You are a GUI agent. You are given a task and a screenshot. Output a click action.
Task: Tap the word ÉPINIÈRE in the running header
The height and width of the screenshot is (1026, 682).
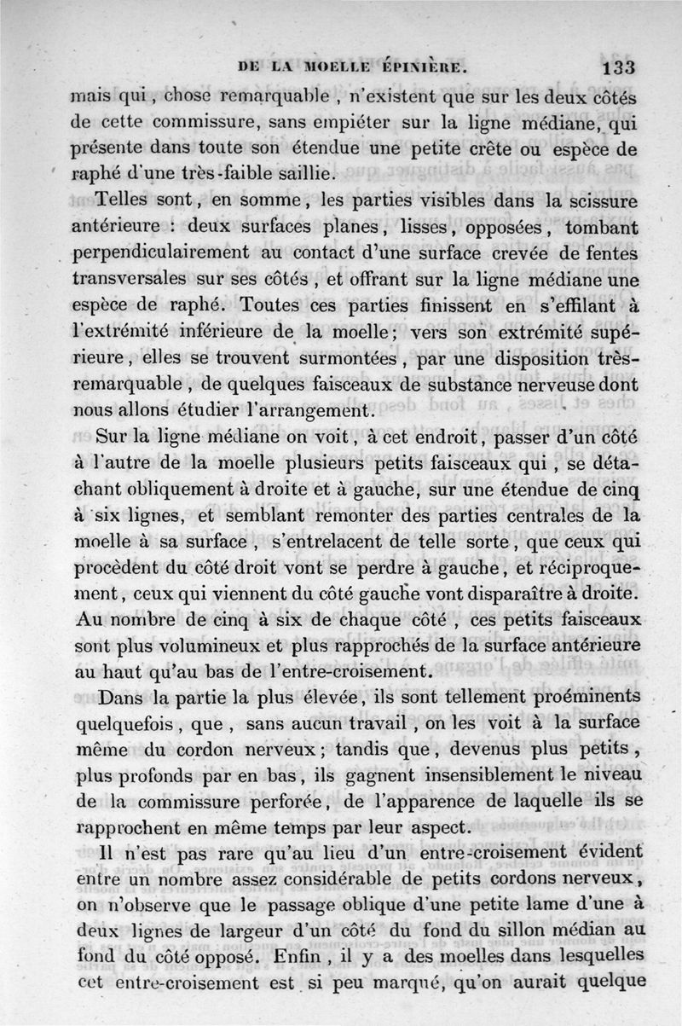pos(427,67)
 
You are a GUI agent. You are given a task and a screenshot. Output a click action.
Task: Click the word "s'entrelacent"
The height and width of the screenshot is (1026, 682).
pos(320,542)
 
